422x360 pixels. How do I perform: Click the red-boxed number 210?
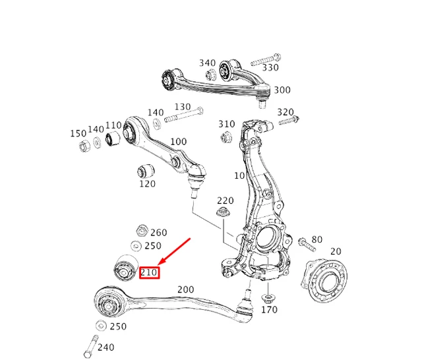tap(149, 272)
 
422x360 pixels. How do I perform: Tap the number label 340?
tap(207, 63)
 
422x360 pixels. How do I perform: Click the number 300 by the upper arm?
tap(282, 90)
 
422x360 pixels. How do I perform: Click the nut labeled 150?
tap(84, 145)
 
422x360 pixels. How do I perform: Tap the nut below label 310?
tap(225, 136)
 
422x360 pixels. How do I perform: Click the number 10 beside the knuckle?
tap(239, 175)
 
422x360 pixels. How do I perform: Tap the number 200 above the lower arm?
tap(185, 289)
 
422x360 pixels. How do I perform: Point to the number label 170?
tap(269, 309)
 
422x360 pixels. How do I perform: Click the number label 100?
tap(178, 142)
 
